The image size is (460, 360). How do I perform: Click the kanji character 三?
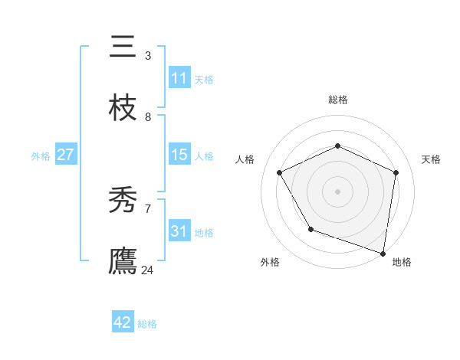[123, 47]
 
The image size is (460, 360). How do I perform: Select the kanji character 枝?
[123, 109]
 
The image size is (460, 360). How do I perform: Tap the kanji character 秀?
[123, 201]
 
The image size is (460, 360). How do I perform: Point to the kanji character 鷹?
[123, 261]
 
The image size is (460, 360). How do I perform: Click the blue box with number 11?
[179, 78]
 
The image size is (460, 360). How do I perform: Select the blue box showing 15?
[179, 155]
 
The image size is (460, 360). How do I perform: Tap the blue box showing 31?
[179, 231]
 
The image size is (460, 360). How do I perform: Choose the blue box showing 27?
[66, 155]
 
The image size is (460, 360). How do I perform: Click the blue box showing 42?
[123, 322]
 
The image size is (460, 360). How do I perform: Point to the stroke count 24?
[148, 270]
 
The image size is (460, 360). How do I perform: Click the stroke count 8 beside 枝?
[148, 117]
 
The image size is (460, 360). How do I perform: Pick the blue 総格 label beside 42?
[147, 324]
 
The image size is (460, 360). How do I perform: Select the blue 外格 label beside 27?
[41, 156]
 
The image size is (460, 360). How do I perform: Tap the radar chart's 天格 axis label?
[431, 159]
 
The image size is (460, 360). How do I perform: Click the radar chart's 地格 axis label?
[402, 262]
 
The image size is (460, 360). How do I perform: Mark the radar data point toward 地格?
[383, 253]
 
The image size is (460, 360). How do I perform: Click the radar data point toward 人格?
[280, 172]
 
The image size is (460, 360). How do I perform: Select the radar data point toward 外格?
[310, 229]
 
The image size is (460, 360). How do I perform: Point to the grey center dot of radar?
[337, 191]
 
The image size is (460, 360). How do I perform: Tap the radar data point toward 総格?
[337, 146]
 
